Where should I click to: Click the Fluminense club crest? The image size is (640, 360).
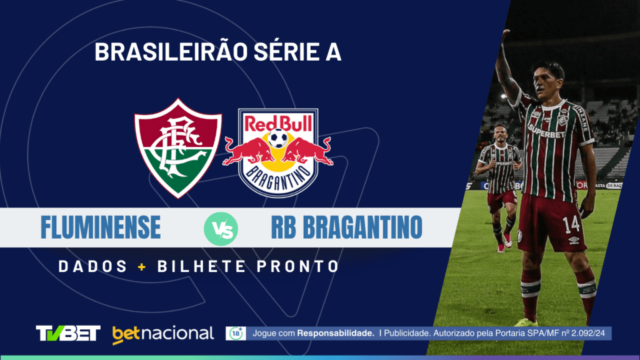click(178, 148)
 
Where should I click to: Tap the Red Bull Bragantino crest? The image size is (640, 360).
click(278, 153)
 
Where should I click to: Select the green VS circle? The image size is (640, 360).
click(221, 229)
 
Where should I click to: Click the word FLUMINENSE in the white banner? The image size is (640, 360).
click(101, 227)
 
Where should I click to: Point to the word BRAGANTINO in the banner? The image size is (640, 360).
click(362, 227)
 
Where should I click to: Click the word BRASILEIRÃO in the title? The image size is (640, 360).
click(171, 52)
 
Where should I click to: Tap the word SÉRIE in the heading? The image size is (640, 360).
click(286, 52)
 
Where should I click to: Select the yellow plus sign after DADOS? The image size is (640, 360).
click(142, 267)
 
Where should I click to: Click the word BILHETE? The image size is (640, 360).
click(202, 267)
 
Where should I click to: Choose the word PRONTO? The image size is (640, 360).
click(298, 267)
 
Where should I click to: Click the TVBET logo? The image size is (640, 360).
click(68, 333)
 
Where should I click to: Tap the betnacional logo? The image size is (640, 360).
click(163, 334)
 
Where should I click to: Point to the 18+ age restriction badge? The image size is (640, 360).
click(236, 334)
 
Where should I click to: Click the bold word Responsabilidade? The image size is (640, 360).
click(336, 334)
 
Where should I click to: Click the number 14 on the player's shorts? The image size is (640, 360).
click(571, 225)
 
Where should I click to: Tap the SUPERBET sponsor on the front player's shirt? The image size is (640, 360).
click(546, 131)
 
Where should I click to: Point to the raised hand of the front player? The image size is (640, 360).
click(505, 36)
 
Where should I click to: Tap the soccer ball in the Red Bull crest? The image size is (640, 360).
click(278, 138)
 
